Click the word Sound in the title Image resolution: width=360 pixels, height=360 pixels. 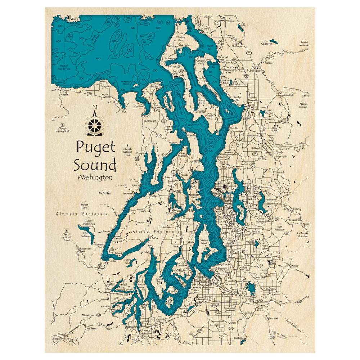[x=95, y=165]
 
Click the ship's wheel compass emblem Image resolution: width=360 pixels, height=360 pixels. [x=95, y=125]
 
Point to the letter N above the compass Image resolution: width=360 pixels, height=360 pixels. [x=95, y=107]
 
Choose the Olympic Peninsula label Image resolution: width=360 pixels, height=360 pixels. [x=82, y=213]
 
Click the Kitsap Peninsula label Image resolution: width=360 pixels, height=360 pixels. [x=156, y=232]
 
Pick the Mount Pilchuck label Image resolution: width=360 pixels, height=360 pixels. [x=303, y=105]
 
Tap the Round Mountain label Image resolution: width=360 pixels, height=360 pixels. [x=304, y=44]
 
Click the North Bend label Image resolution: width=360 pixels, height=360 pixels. [x=306, y=225]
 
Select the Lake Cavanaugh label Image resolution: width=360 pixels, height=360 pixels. [x=267, y=42]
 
